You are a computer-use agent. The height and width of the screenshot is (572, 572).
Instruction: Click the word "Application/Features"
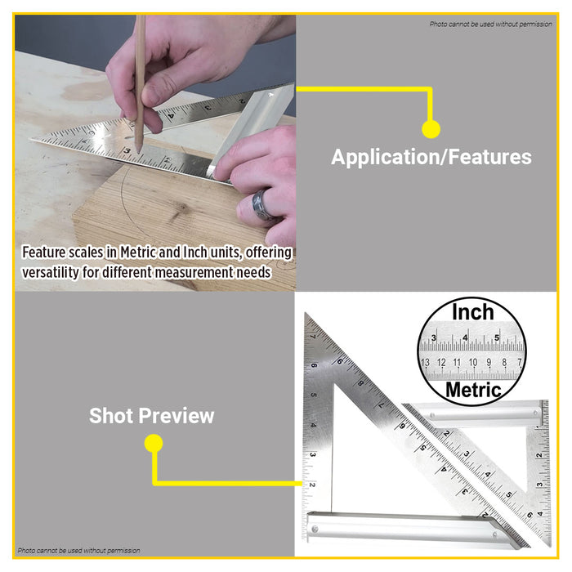pyautogui.click(x=431, y=157)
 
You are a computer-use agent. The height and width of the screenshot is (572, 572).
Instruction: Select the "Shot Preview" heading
pyautogui.click(x=151, y=415)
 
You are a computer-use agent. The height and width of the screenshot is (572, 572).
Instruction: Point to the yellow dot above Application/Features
pyautogui.click(x=431, y=128)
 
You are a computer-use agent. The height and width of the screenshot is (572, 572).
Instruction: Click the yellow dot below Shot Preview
pyautogui.click(x=153, y=444)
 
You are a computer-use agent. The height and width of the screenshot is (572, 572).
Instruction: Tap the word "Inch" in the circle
pyautogui.click(x=472, y=311)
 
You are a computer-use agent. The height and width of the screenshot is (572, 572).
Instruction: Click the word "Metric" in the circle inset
pyautogui.click(x=472, y=390)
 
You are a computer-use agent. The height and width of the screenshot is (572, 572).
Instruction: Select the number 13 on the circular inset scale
pyautogui.click(x=425, y=362)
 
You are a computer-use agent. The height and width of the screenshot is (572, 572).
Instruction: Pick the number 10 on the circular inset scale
pyautogui.click(x=471, y=362)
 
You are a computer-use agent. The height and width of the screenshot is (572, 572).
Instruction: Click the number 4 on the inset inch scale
pyautogui.click(x=465, y=337)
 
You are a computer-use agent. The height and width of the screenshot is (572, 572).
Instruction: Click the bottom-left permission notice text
pyautogui.click(x=78, y=551)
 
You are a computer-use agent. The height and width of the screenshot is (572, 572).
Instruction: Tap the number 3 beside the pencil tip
pyautogui.click(x=127, y=152)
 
